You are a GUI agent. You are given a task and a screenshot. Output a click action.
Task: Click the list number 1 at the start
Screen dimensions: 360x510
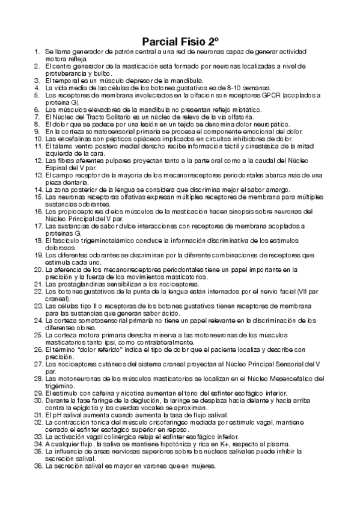click(x=37, y=54)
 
